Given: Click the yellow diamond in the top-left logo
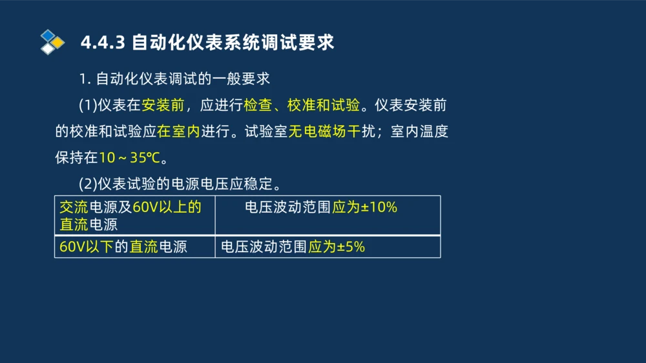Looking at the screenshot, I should pos(57,43).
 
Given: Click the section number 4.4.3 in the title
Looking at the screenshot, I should pos(103,43).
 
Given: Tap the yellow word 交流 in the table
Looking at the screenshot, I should pos(74,208).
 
